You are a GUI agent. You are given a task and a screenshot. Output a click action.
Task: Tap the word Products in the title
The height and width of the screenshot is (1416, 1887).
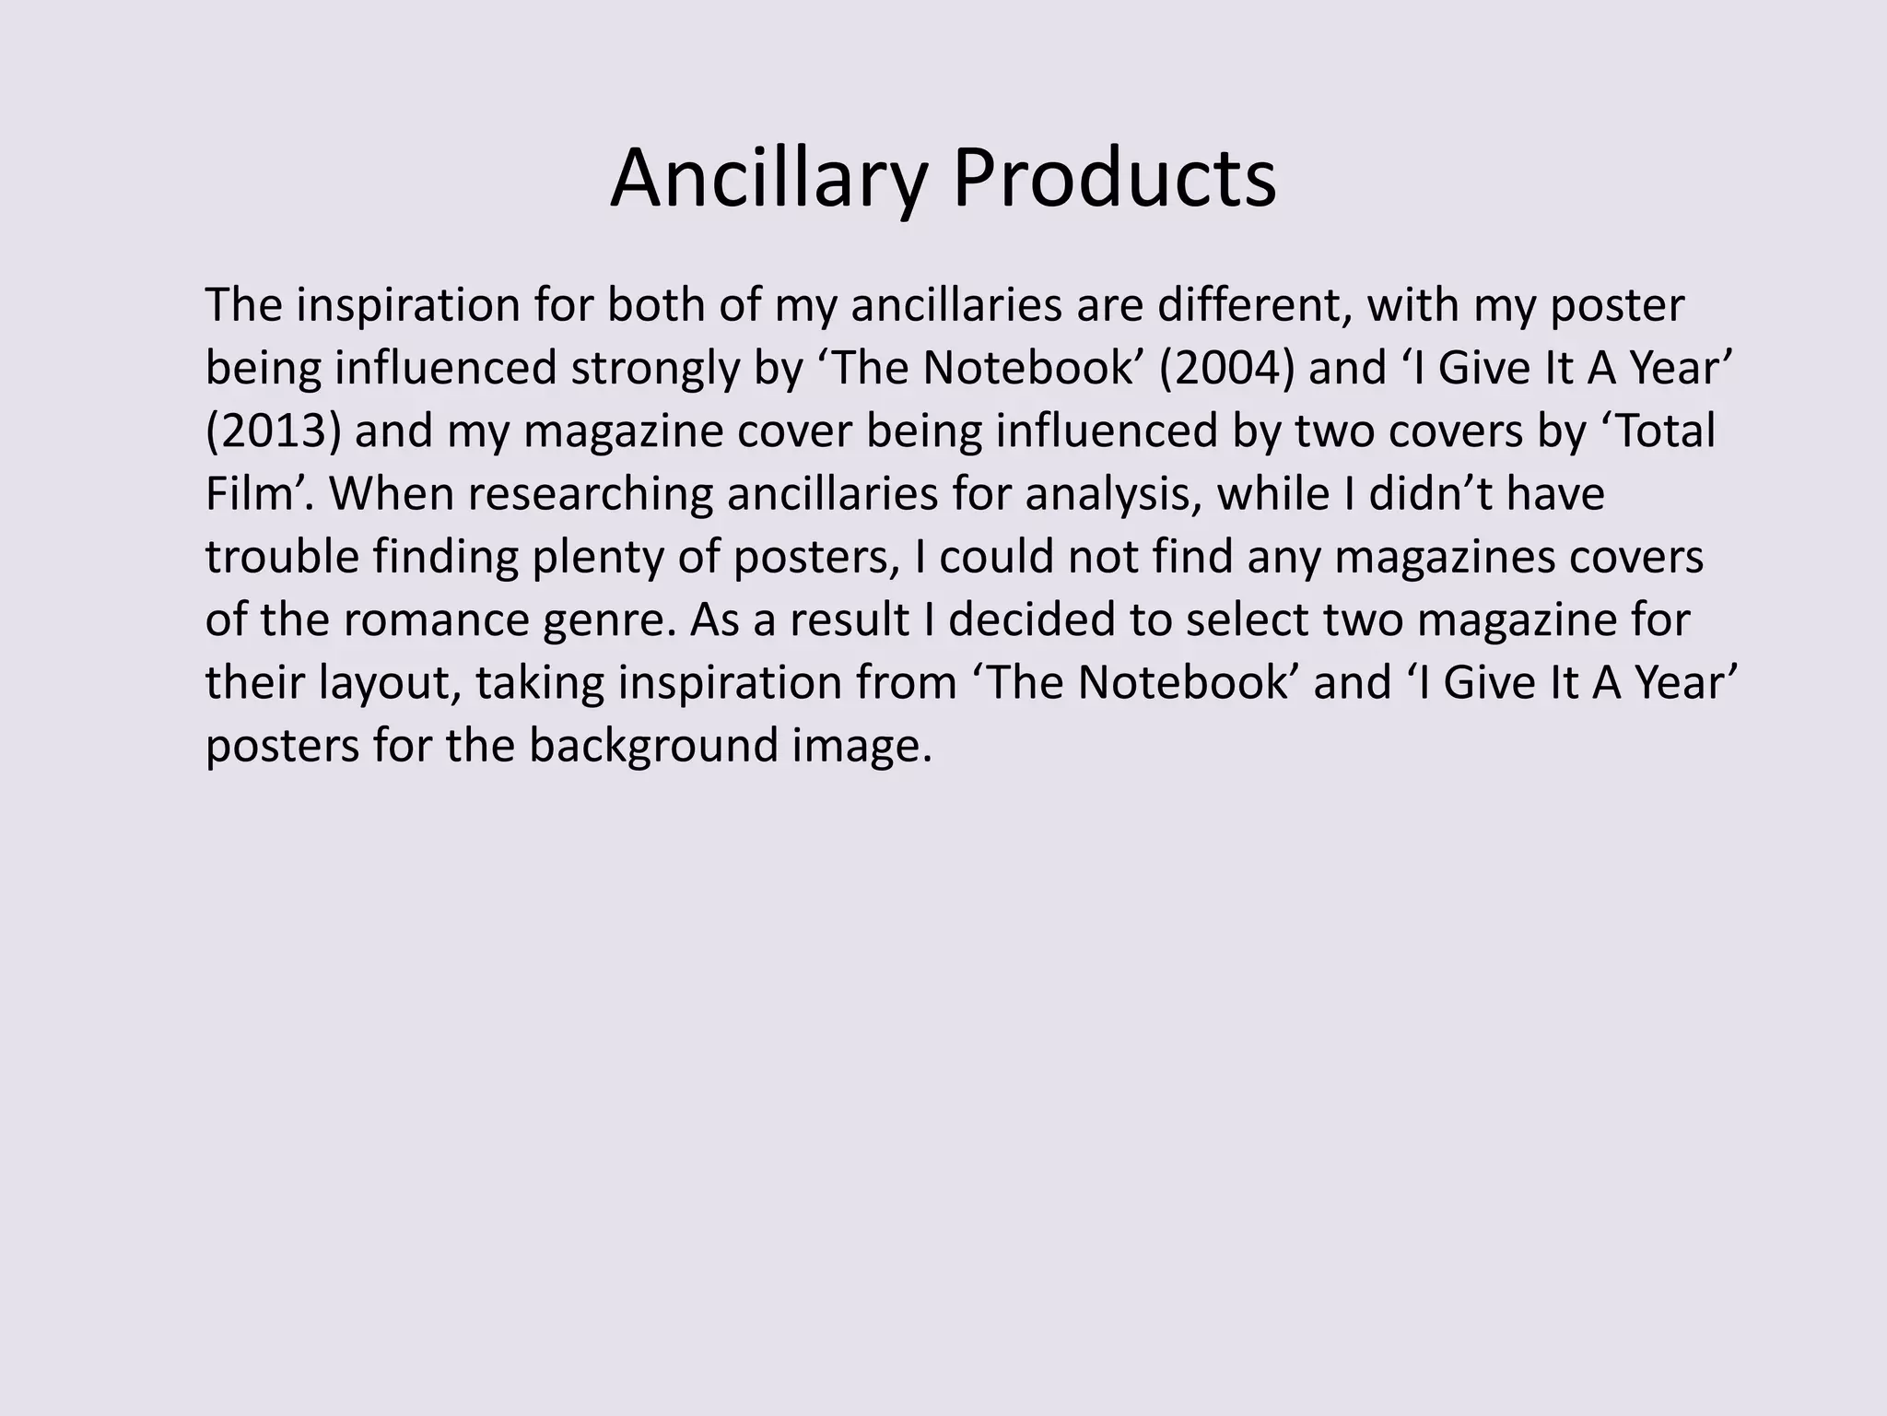pyautogui.click(x=1114, y=179)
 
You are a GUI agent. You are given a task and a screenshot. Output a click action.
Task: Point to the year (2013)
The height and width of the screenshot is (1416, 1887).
pyautogui.click(x=273, y=431)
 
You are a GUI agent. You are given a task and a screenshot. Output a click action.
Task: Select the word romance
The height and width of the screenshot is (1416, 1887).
pyautogui.click(x=422, y=619)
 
